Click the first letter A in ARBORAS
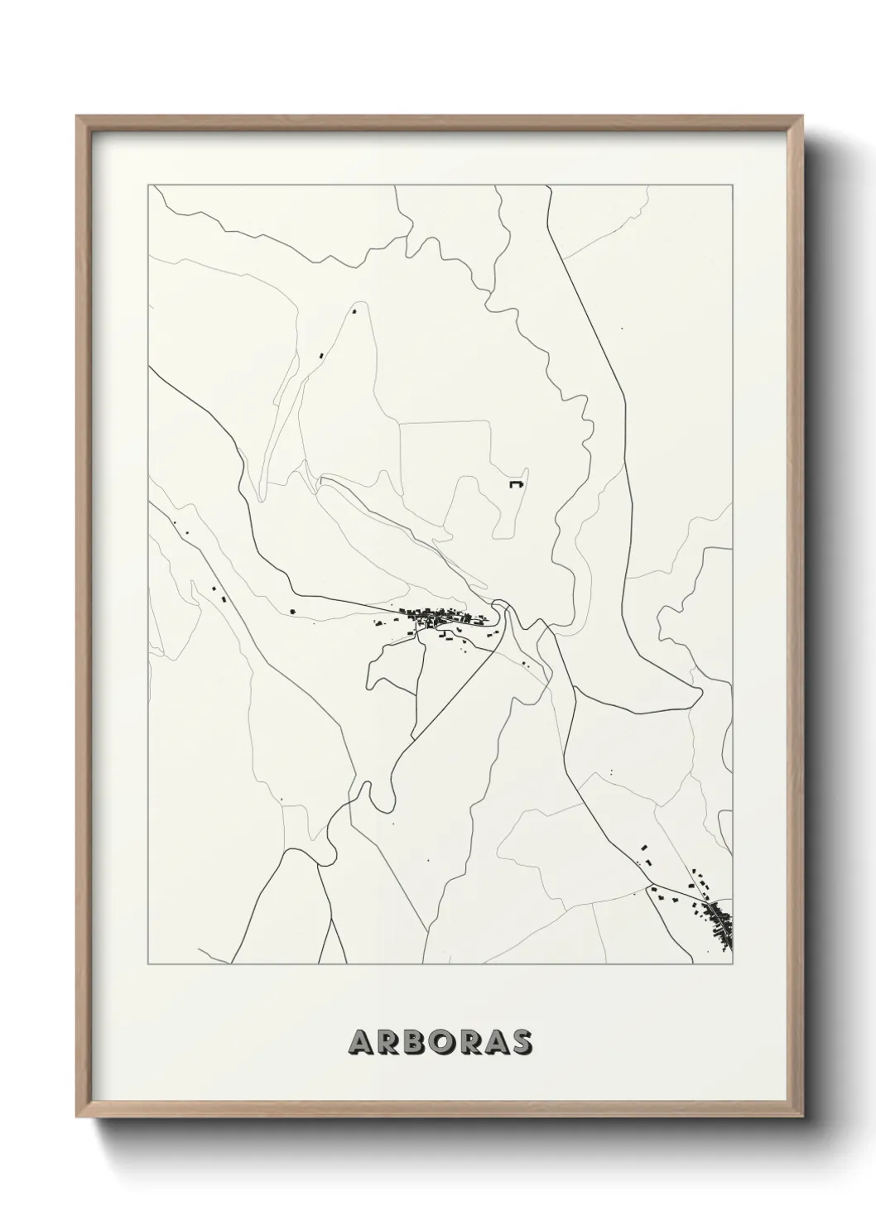click(361, 1042)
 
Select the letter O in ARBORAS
click(440, 1042)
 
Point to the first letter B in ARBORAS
click(413, 1042)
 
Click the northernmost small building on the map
click(354, 312)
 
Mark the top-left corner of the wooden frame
click(77, 117)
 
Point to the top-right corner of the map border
click(733, 185)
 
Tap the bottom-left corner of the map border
click(148, 964)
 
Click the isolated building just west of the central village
click(292, 612)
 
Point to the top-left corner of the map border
click(148, 185)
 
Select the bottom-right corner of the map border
click(733, 964)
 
